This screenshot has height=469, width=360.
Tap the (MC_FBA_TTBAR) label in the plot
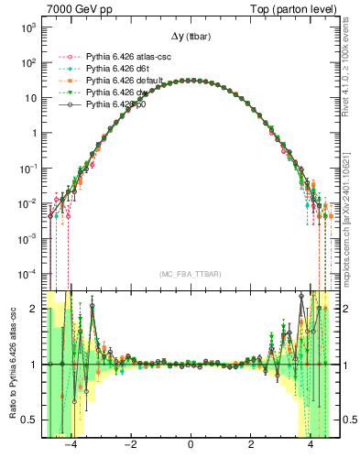click(190, 274)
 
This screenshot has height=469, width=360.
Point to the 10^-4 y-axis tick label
click(27, 272)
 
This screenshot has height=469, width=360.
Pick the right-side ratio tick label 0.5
click(346, 420)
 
